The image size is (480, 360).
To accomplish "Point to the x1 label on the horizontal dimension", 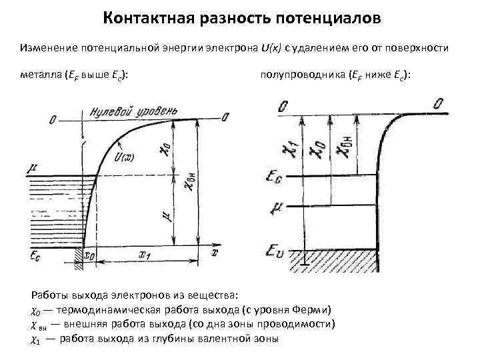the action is click(145, 254).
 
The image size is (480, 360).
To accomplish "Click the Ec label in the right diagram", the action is click(275, 176).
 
